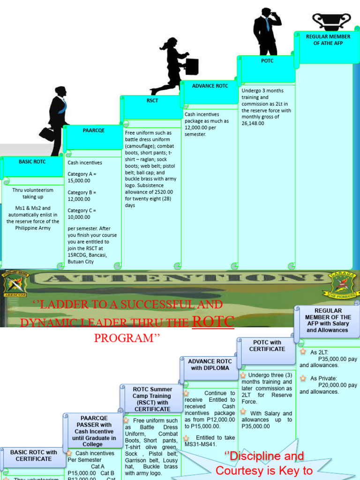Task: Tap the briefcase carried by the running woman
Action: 192,67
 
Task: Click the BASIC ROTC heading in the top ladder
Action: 32,162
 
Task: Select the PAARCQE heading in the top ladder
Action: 94,130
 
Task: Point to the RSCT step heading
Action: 152,100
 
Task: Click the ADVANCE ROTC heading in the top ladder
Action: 210,86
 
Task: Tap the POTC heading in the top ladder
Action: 267,61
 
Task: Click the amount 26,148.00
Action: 253,123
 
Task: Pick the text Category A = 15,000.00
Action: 82,177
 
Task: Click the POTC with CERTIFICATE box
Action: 267,346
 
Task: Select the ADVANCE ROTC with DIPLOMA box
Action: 210,365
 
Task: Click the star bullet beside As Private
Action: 303,378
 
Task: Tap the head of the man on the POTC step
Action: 266,12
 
